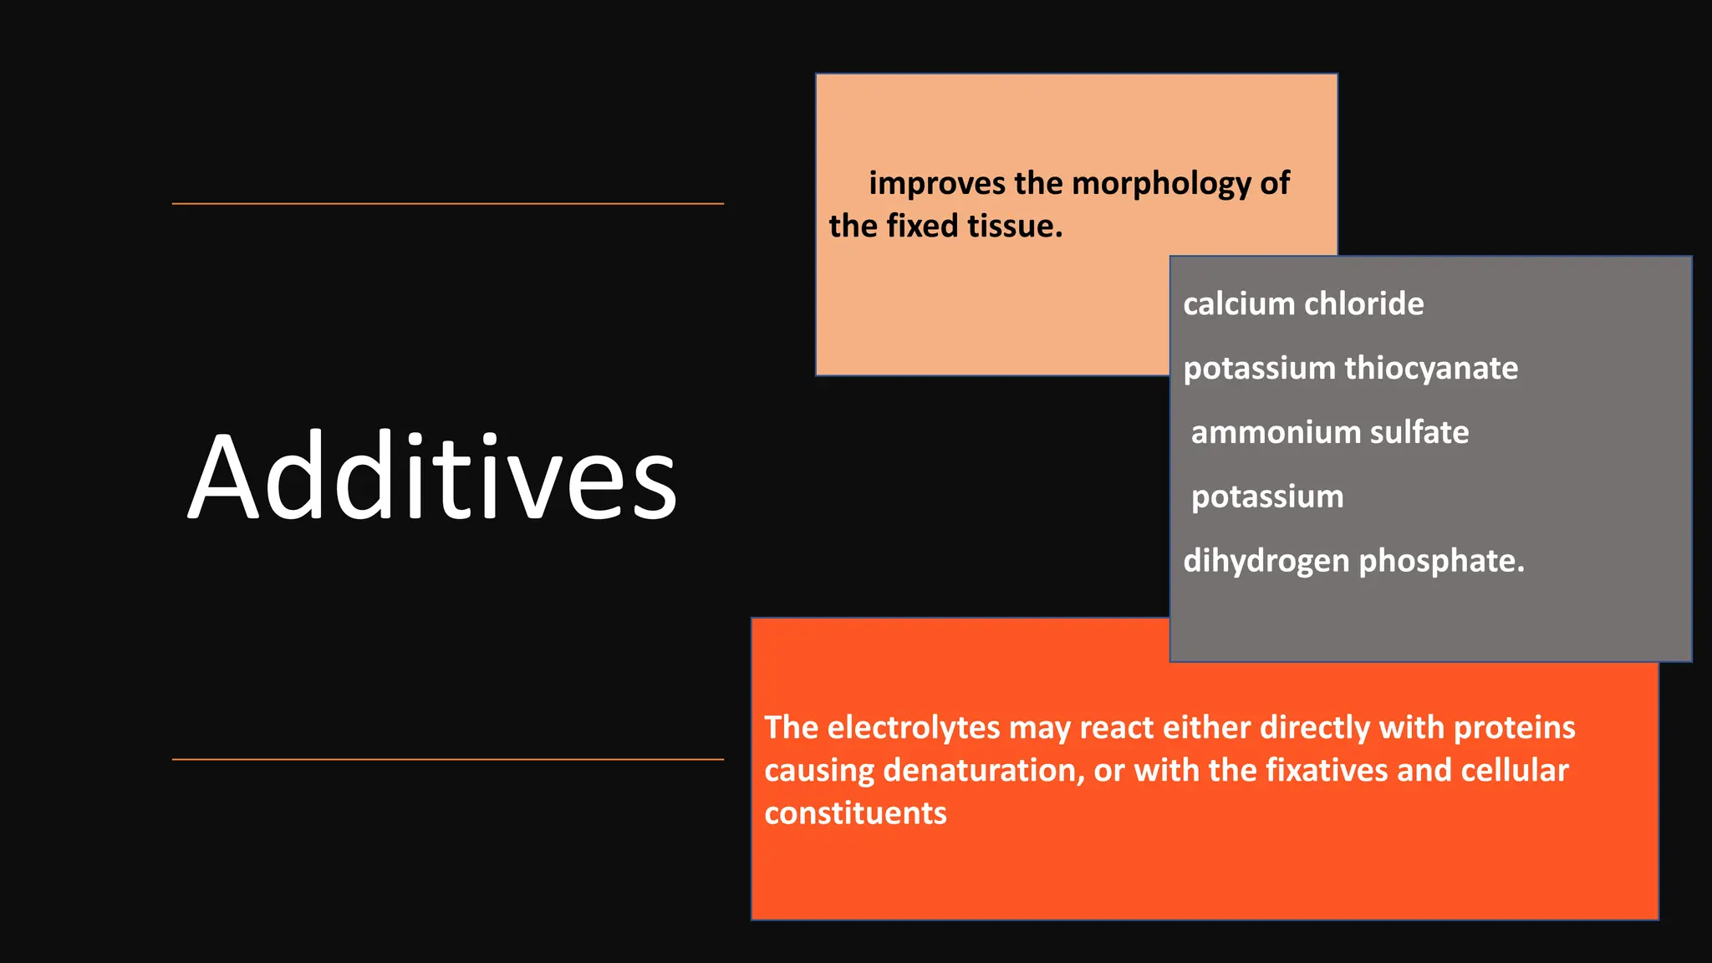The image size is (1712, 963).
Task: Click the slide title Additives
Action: pos(432,477)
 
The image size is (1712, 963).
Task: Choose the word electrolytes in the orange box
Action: pos(914,728)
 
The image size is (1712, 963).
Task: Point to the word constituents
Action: pos(855,813)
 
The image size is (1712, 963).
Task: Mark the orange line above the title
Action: pos(447,203)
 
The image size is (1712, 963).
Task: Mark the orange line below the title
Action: pos(447,759)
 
